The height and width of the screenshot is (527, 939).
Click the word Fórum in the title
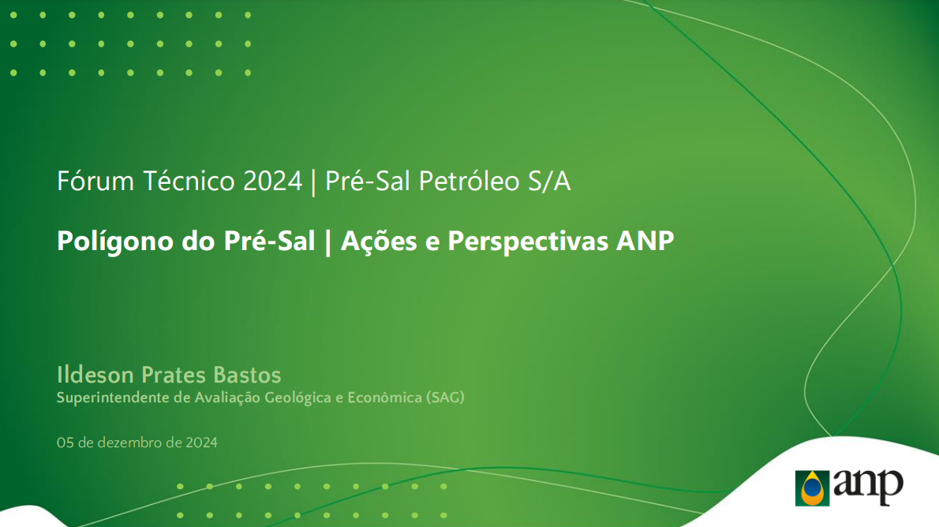tap(95, 181)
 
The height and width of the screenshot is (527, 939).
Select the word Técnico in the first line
tap(189, 181)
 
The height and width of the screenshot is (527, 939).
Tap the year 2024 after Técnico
tap(272, 181)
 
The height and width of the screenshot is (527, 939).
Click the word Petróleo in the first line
tap(469, 181)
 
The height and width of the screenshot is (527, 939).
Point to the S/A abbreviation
tap(549, 181)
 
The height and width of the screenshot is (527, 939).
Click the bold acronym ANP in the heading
tap(645, 241)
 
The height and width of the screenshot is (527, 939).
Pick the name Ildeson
tap(95, 375)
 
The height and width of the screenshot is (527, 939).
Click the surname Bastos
tap(247, 375)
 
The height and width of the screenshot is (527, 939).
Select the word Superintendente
tap(113, 398)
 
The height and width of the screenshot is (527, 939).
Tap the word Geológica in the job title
tap(297, 398)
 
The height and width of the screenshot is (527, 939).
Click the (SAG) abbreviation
tap(445, 398)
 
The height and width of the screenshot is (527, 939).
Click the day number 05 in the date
tap(65, 443)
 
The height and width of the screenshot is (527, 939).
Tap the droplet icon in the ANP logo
tap(812, 488)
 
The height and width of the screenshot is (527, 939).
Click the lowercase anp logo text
tap(868, 486)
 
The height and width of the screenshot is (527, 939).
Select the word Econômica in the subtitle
tap(384, 398)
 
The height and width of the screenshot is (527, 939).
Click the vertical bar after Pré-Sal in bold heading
tap(327, 242)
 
